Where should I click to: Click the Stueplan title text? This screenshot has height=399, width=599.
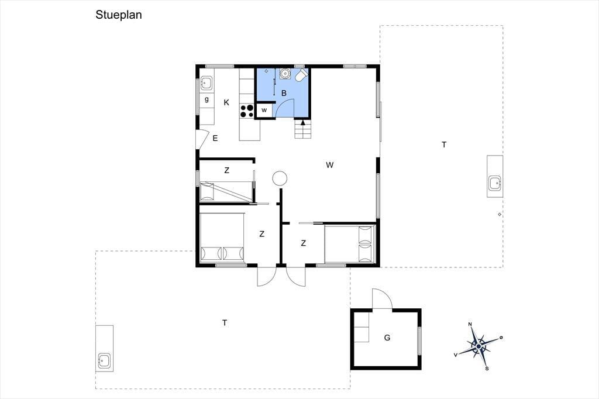tap(118, 15)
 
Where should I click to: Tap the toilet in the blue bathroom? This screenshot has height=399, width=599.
tap(302, 75)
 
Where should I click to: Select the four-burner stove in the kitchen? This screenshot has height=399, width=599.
tap(247, 111)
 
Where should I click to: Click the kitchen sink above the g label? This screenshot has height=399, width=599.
tap(206, 83)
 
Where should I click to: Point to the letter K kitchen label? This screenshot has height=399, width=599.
tap(226, 102)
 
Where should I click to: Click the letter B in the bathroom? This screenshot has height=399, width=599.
tap(284, 93)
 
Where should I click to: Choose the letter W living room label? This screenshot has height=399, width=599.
tap(330, 165)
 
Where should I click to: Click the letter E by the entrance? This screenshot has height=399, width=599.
tap(215, 138)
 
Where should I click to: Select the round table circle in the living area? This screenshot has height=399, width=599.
tap(280, 178)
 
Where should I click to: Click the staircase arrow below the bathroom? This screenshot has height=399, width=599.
tap(303, 123)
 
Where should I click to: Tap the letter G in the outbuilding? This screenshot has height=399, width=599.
tap(387, 338)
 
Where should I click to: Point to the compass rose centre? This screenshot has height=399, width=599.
tap(478, 347)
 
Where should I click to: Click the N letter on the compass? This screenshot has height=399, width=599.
tap(470, 325)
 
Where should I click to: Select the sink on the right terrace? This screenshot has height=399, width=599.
tap(495, 183)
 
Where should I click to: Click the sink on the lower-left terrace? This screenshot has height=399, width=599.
tap(104, 361)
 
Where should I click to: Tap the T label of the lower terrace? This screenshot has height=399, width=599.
tap(225, 323)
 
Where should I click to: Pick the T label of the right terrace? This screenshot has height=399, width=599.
tap(444, 145)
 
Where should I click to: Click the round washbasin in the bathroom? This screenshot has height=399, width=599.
tap(285, 73)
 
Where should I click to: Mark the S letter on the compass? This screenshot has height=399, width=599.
tap(487, 369)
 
